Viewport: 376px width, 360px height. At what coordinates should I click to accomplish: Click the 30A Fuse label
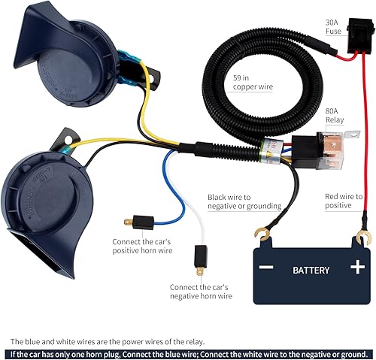[332, 27]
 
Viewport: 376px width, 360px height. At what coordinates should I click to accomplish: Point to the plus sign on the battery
[356, 267]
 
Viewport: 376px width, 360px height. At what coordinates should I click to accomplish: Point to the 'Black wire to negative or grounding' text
[244, 201]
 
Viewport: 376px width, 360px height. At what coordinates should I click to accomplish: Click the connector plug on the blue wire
[138, 222]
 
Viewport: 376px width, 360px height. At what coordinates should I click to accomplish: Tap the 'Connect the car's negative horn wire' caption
[201, 292]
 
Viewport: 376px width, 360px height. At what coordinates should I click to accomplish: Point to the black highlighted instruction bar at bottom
[188, 353]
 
